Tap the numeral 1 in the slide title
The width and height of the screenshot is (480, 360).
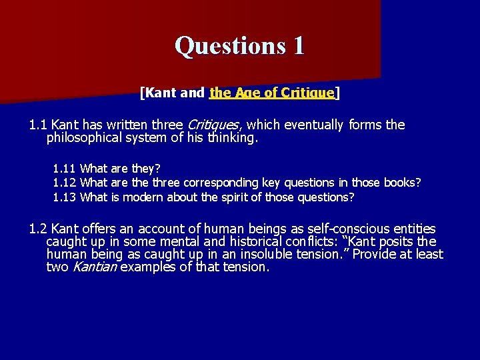pos(298,45)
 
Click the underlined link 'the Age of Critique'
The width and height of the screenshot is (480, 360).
pos(271,93)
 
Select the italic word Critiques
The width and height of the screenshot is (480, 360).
pos(214,125)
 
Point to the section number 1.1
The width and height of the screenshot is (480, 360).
pos(38,125)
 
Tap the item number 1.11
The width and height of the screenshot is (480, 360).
pos(64,169)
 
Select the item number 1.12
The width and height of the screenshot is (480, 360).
pos(64,183)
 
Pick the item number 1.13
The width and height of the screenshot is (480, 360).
pos(64,197)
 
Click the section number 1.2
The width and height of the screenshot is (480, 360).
pos(38,229)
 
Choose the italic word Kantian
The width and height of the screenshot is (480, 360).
pos(93,267)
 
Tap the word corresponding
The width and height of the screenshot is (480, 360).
pos(216,183)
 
